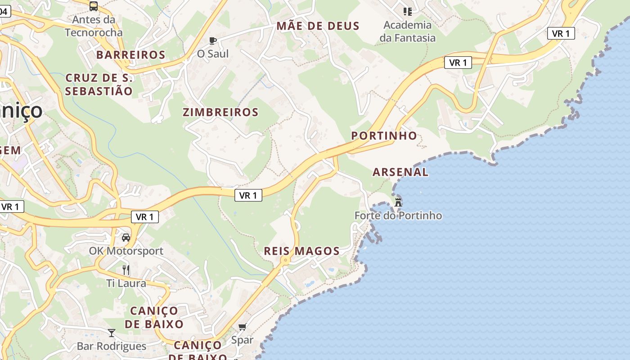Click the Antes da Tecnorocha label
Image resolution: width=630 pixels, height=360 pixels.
(x=94, y=26)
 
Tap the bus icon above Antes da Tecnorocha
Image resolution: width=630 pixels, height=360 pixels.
(x=94, y=6)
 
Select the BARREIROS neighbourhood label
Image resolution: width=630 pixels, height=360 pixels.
(x=131, y=55)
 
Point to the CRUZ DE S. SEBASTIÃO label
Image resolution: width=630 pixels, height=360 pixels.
(x=99, y=85)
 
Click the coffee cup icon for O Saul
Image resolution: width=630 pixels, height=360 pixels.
(x=213, y=41)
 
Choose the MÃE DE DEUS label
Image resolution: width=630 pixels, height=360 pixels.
(x=318, y=26)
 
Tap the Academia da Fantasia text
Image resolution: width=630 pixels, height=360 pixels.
(x=408, y=31)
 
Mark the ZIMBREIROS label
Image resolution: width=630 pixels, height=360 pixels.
(x=220, y=112)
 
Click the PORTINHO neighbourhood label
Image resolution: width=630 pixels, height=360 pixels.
(x=384, y=135)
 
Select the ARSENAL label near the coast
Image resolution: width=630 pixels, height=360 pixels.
(x=400, y=172)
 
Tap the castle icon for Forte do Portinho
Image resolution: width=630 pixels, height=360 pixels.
(x=398, y=202)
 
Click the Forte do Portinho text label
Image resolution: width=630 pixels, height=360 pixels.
(x=398, y=216)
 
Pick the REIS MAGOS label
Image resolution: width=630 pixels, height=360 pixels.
(x=301, y=251)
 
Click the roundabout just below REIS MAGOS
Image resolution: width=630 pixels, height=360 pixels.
(x=285, y=260)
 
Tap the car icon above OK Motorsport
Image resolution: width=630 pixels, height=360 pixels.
(x=126, y=237)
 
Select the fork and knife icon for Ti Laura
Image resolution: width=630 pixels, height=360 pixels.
(x=126, y=270)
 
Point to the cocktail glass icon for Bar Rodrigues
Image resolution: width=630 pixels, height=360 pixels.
(x=112, y=333)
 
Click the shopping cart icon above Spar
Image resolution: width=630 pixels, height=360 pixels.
(x=243, y=327)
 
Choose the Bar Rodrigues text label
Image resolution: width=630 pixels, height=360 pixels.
(x=112, y=346)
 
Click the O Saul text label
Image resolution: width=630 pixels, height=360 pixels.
(x=213, y=54)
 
